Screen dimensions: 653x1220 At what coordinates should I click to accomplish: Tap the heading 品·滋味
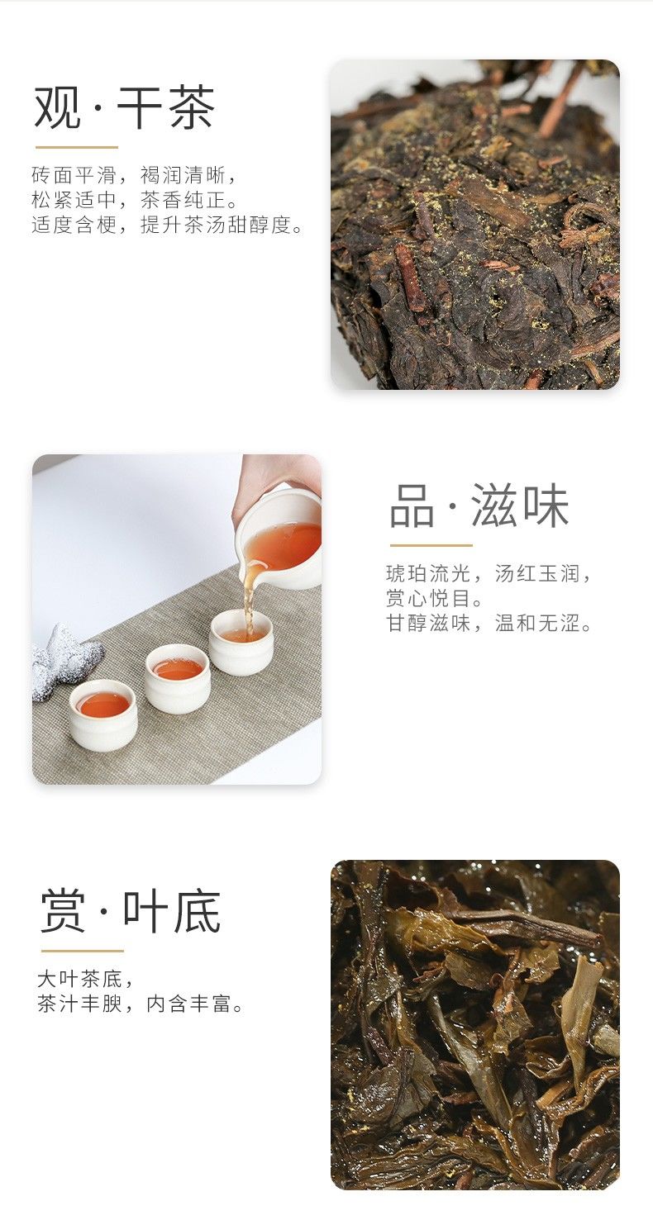pyautogui.click(x=479, y=506)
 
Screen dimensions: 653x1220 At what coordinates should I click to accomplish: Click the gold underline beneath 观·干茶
pyautogui.click(x=77, y=147)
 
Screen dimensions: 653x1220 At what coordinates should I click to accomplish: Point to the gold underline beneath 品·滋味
pyautogui.click(x=431, y=544)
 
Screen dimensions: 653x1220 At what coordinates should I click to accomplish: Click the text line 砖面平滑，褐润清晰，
pyautogui.click(x=135, y=175)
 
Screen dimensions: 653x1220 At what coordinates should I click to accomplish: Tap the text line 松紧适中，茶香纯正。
pyautogui.click(x=135, y=200)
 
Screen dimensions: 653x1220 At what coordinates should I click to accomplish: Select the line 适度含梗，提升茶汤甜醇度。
pyautogui.click(x=167, y=225)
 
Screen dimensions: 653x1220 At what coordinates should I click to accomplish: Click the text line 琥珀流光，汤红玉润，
pyautogui.click(x=489, y=573)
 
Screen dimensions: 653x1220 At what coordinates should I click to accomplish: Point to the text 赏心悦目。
pyautogui.click(x=435, y=598)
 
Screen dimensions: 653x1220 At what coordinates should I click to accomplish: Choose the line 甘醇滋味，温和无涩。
pyautogui.click(x=489, y=623)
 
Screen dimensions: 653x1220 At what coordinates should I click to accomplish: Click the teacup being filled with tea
pyautogui.click(x=241, y=642)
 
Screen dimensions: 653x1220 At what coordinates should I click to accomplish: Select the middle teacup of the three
pyautogui.click(x=178, y=678)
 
